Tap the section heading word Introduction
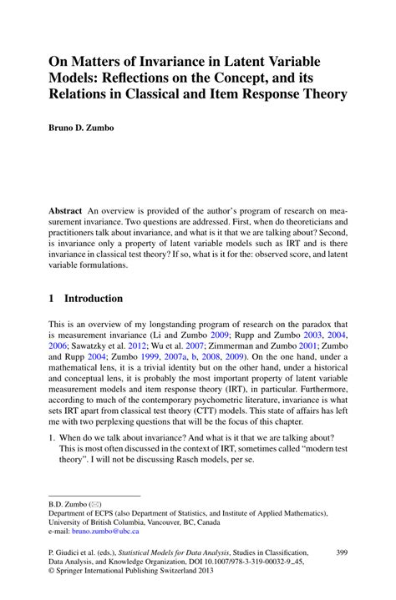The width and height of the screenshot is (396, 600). [94, 298]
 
